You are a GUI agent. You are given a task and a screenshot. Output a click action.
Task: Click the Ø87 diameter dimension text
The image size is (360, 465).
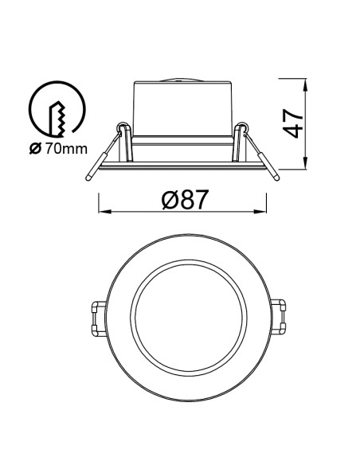pyautogui.click(x=184, y=199)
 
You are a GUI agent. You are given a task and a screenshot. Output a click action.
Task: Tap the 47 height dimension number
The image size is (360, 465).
pyautogui.click(x=292, y=123)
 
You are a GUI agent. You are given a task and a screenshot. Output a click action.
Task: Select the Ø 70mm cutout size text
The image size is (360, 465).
pyautogui.click(x=58, y=149)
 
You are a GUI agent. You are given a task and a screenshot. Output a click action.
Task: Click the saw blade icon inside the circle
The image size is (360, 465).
pyautogui.click(x=57, y=119)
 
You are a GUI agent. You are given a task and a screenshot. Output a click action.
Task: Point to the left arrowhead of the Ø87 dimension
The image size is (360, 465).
pyautogui.click(x=104, y=212)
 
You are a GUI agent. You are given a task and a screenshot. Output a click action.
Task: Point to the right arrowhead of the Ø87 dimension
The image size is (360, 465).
pyautogui.click(x=260, y=212)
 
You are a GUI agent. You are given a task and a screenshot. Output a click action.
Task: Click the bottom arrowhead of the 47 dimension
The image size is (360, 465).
pyautogui.click(x=305, y=163)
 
